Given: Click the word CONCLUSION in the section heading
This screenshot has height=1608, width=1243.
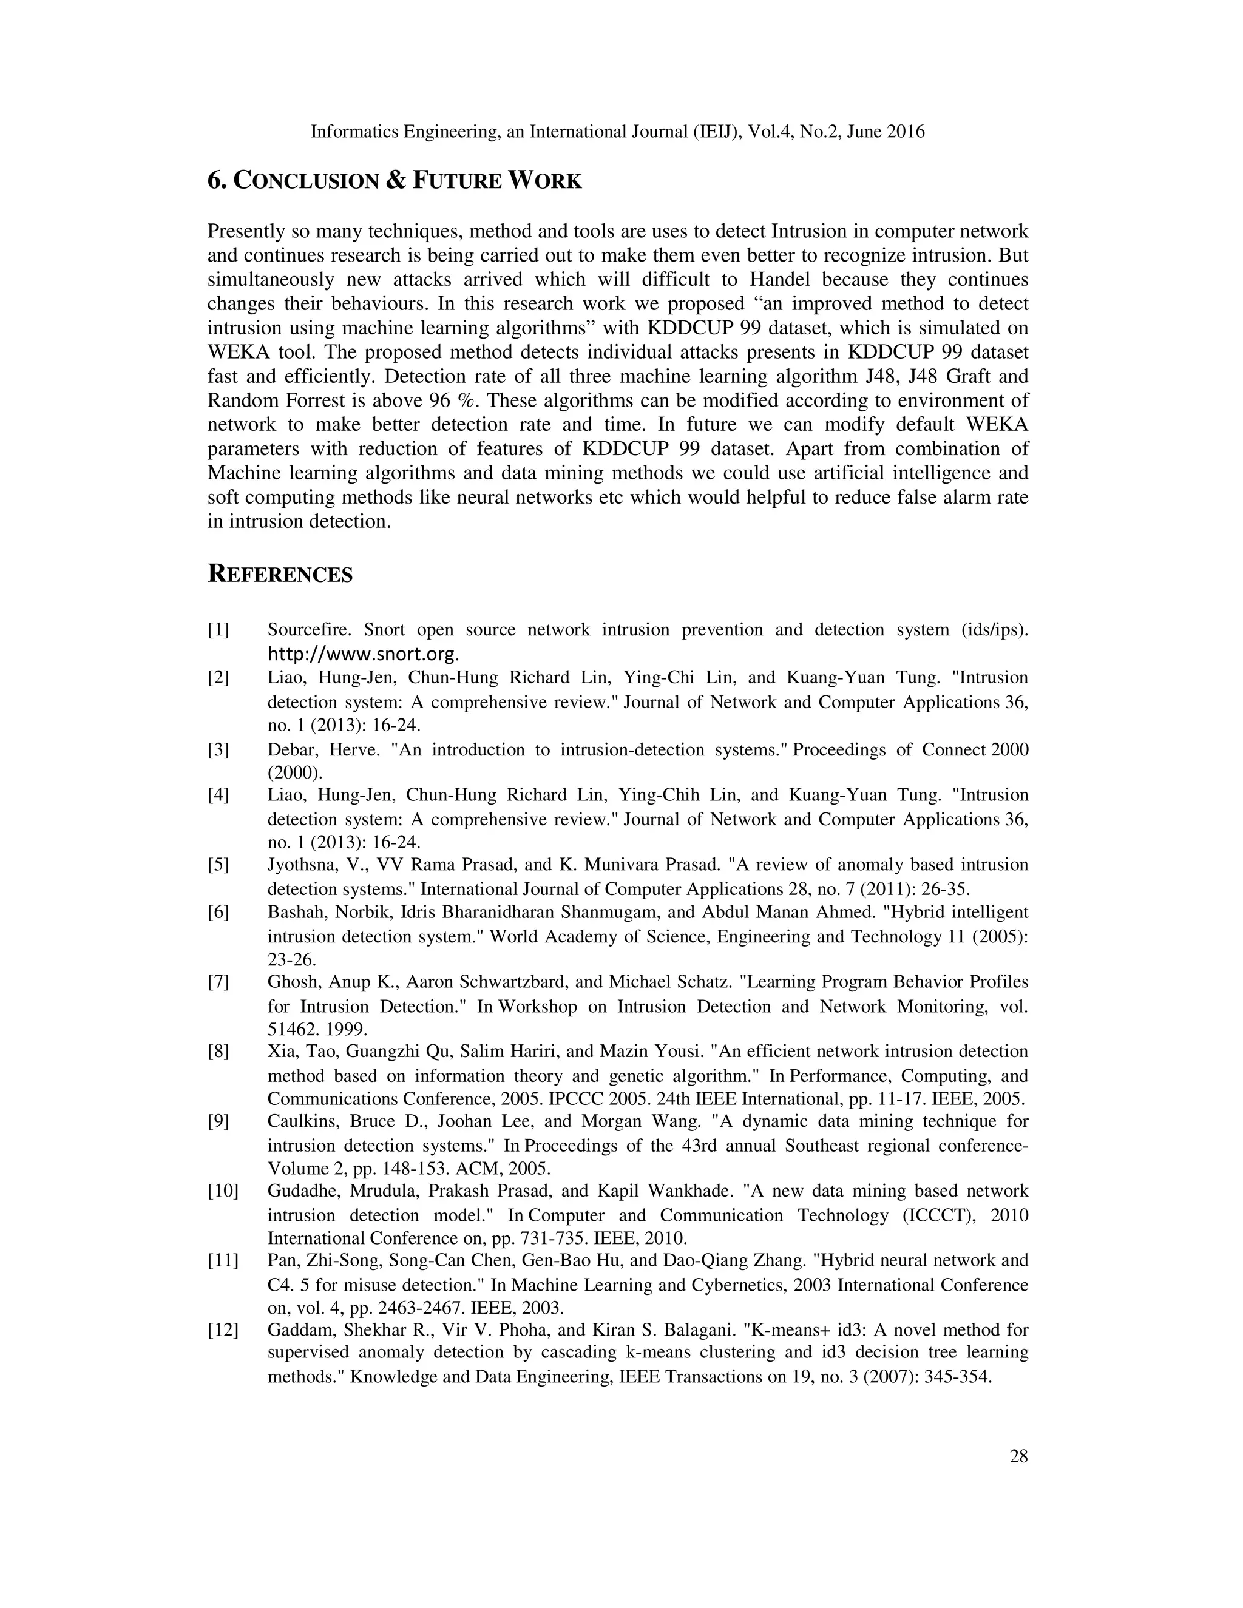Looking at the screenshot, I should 307,180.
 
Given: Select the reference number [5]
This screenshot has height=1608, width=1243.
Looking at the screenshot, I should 218,864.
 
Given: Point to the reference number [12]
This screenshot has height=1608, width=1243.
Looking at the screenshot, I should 222,1329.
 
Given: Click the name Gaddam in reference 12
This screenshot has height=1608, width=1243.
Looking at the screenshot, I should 297,1329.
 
